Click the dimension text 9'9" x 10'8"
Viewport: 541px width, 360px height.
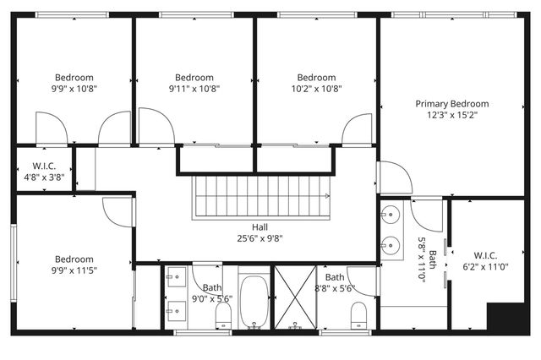(x=74, y=88)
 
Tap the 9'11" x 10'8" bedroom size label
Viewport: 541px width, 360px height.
(x=194, y=88)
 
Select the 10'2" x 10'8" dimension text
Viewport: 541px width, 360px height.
(x=316, y=88)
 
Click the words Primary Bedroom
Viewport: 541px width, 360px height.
(x=451, y=104)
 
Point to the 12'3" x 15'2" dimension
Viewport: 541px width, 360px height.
(x=451, y=116)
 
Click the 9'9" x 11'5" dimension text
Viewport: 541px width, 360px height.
(x=74, y=271)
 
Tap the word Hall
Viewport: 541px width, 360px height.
(x=260, y=226)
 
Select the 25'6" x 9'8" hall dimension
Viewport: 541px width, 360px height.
(x=260, y=238)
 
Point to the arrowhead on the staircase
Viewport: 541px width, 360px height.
(x=326, y=196)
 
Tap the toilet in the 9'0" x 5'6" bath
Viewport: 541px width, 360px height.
(x=224, y=316)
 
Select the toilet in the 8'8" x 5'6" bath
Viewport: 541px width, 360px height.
(x=357, y=316)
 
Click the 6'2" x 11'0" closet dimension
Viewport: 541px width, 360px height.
(x=491, y=266)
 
